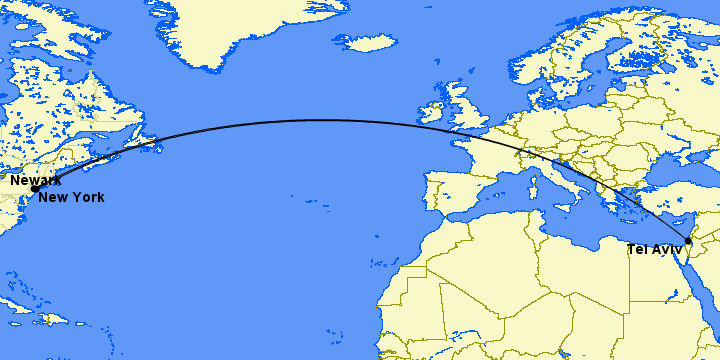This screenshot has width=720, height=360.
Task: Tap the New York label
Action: [71, 197]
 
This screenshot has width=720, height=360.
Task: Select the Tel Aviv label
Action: [655, 249]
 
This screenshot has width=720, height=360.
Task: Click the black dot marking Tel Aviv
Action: [688, 241]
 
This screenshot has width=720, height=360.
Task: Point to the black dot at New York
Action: [35, 188]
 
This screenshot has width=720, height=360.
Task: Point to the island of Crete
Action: [627, 219]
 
